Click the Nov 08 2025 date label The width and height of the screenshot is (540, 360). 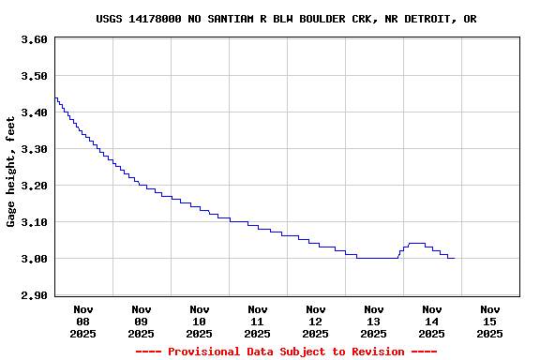pyautogui.click(x=83, y=321)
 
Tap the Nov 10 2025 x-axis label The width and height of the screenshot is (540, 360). pyautogui.click(x=200, y=321)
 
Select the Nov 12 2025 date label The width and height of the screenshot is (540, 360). pyautogui.click(x=316, y=321)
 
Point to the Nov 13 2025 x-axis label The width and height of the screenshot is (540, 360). pyautogui.click(x=374, y=321)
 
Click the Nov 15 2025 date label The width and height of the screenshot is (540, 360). pyautogui.click(x=490, y=321)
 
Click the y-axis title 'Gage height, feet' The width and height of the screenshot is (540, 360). pyautogui.click(x=11, y=172)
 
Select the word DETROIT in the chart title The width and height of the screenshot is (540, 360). pyautogui.click(x=430, y=19)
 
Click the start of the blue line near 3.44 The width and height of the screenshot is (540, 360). pyautogui.click(x=55, y=97)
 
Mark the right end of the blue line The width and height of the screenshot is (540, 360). pyautogui.click(x=455, y=258)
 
